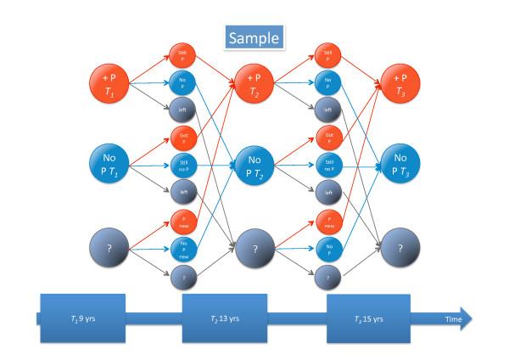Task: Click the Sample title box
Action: pyautogui.click(x=252, y=38)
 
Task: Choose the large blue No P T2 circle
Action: pyautogui.click(x=254, y=162)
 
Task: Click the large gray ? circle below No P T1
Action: pyautogui.click(x=109, y=249)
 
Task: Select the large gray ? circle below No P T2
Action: pyautogui.click(x=254, y=249)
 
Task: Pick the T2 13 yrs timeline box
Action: pyautogui.click(x=225, y=318)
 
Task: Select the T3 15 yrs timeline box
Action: pyautogui.click(x=369, y=318)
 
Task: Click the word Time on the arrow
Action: pyautogui.click(x=455, y=318)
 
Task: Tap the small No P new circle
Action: pyautogui.click(x=180, y=248)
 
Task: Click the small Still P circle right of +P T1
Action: pyautogui.click(x=180, y=55)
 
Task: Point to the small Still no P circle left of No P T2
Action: pyautogui.click(x=180, y=162)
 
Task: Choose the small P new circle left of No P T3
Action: pyautogui.click(x=327, y=221)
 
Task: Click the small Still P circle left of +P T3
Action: pyautogui.click(x=327, y=55)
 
